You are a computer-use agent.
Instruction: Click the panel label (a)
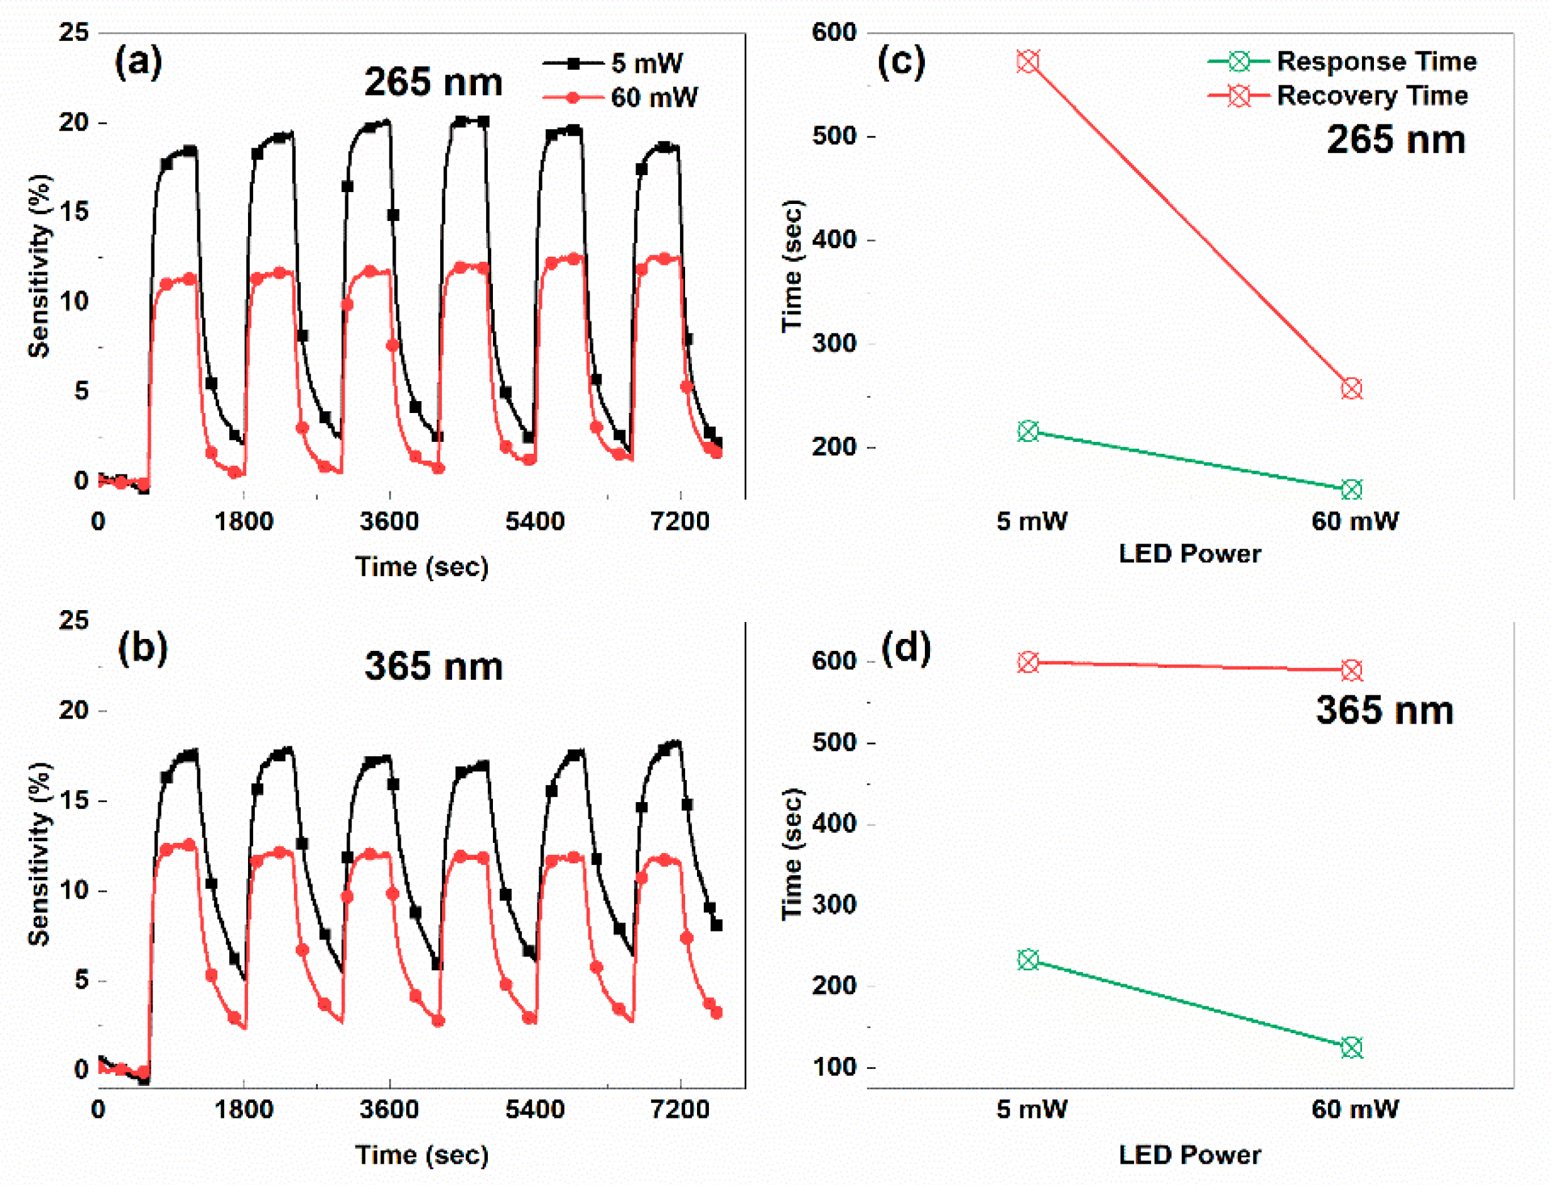pyautogui.click(x=138, y=62)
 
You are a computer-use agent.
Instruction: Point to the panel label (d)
pyautogui.click(x=906, y=648)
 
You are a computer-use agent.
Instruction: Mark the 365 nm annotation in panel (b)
pyautogui.click(x=433, y=666)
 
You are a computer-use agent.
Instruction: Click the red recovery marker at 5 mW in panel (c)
pyautogui.click(x=1028, y=62)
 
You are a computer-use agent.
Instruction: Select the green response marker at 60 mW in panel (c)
pyautogui.click(x=1351, y=490)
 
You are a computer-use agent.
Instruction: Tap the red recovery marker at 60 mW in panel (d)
pyautogui.click(x=1351, y=670)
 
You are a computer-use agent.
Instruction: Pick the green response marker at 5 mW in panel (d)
pyautogui.click(x=1028, y=960)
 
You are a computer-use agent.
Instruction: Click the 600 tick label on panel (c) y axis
pyautogui.click(x=834, y=33)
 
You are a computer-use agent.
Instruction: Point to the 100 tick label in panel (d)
pyautogui.click(x=834, y=1066)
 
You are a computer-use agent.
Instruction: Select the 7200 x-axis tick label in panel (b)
pyautogui.click(x=679, y=1110)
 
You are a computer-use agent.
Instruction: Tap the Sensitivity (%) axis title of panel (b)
pyautogui.click(x=40, y=854)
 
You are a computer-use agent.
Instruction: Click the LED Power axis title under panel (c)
pyautogui.click(x=1190, y=554)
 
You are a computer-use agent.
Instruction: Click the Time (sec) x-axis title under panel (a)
pyautogui.click(x=421, y=566)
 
